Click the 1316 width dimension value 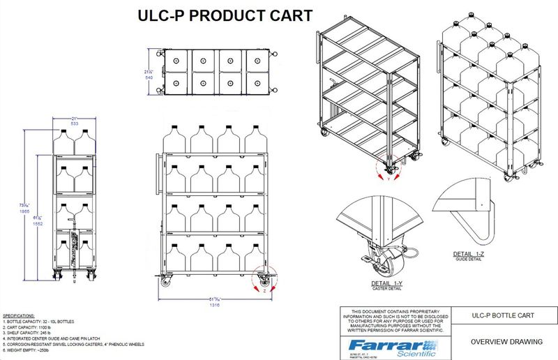(x=214, y=305)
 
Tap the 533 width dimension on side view (x=68, y=123)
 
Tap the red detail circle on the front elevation (x=263, y=278)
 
